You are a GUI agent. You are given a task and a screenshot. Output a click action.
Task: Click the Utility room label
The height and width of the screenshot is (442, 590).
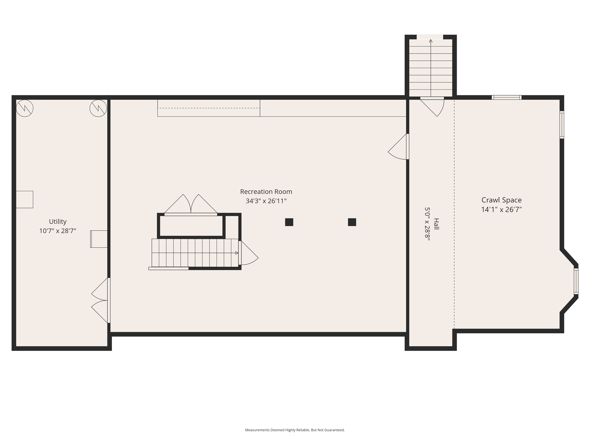(x=58, y=222)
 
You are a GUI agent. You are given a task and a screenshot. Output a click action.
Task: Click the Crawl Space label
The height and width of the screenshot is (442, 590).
(x=501, y=200)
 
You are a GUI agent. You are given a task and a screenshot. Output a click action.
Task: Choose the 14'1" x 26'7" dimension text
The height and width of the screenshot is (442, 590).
(x=501, y=210)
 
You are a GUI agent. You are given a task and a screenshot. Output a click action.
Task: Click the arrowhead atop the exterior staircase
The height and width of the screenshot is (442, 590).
(x=431, y=41)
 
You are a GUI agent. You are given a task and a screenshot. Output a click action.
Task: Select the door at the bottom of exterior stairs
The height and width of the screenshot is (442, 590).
(x=432, y=107)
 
